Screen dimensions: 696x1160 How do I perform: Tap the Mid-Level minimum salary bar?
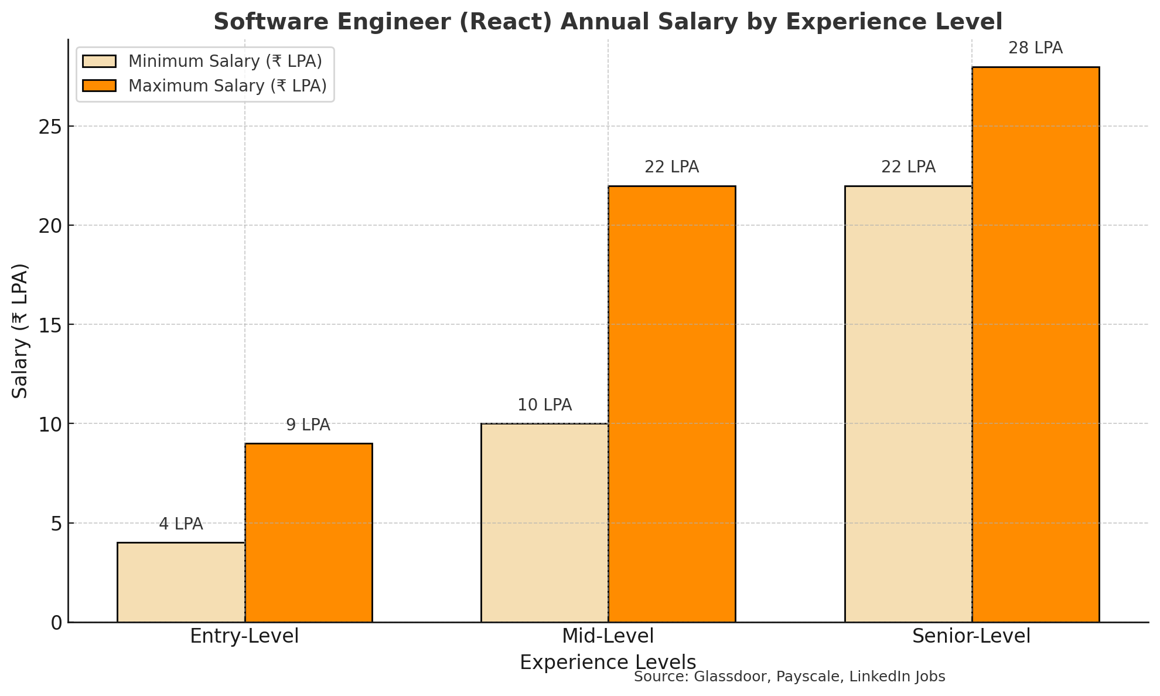pos(544,522)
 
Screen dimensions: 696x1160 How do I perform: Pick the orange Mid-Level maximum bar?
pos(671,404)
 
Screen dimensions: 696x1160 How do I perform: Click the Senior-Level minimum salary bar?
pos(908,404)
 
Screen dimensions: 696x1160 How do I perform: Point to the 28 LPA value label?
pos(1035,48)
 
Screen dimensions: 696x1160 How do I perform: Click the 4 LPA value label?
pos(181,524)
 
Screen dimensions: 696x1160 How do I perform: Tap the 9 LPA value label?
pos(308,425)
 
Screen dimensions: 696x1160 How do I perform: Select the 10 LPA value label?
pos(544,405)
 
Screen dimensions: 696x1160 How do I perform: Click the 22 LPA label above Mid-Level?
pos(671,167)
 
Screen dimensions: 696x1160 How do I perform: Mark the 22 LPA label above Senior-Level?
pos(908,167)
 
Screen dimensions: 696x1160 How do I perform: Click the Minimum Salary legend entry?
pos(225,62)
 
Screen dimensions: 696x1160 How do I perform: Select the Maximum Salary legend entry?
pos(227,86)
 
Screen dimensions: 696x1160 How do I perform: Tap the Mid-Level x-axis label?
pos(608,636)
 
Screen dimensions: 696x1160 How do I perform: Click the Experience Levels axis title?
pos(608,662)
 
